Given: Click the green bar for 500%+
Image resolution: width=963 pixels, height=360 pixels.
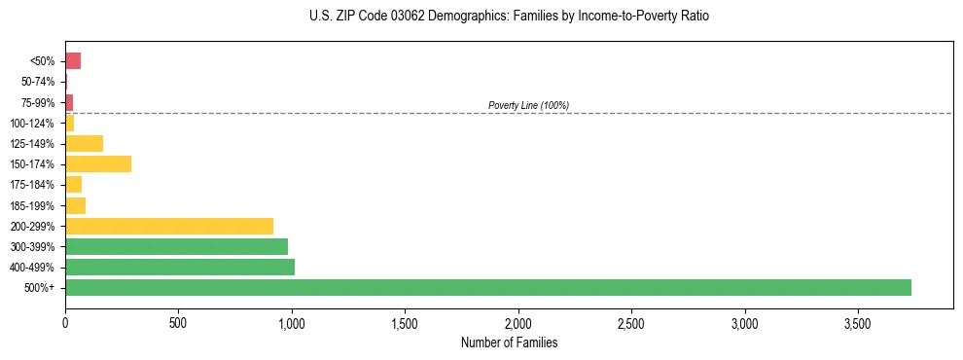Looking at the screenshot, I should [487, 287].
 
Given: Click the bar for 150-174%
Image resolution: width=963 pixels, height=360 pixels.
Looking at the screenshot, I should [98, 163].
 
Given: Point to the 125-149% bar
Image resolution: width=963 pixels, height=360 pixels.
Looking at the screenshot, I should [84, 143].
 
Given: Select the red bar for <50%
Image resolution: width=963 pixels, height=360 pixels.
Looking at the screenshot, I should [73, 61].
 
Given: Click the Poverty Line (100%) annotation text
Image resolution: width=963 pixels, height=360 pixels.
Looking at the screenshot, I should [528, 105].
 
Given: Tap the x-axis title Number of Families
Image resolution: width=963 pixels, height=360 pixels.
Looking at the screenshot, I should [509, 342].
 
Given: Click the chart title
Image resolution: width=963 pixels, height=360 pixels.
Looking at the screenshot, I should [510, 17].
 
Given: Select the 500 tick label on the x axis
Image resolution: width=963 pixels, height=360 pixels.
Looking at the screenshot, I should [178, 322].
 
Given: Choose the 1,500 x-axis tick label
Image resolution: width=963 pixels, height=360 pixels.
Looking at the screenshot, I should [405, 322].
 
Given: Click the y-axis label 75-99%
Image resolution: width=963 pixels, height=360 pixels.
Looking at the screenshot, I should [37, 102].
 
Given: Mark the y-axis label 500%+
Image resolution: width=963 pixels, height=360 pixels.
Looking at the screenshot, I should [41, 288].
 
